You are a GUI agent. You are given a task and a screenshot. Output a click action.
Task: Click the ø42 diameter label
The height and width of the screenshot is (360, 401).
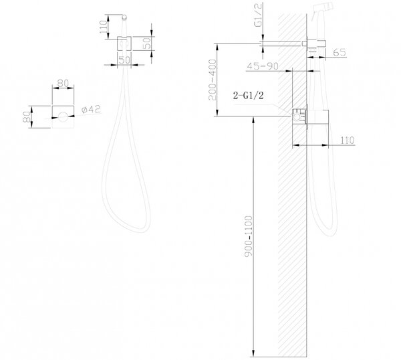pos(91,109)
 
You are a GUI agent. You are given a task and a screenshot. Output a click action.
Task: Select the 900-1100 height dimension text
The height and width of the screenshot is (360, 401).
pos(249,236)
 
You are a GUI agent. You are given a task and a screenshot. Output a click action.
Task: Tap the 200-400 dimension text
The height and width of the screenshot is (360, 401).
pos(213,80)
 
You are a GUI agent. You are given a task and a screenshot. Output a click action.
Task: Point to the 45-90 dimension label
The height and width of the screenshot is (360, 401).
pos(263,66)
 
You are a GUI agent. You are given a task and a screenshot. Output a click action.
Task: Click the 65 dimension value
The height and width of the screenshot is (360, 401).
pos(340,52)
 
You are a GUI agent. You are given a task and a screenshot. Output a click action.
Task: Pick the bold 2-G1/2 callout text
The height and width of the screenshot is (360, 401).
pos(248,96)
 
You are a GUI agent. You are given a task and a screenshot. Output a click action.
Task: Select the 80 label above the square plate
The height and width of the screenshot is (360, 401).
pos(63,83)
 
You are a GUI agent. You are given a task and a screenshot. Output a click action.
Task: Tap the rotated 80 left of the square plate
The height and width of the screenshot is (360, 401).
pos(27,116)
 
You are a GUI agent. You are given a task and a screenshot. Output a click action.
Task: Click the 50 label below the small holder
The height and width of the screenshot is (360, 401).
pos(124,60)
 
